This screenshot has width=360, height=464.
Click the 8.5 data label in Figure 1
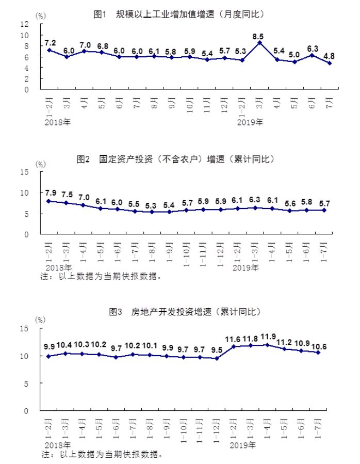click(259, 37)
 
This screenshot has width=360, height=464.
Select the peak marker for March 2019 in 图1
click(259, 43)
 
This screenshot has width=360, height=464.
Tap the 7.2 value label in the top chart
click(50, 42)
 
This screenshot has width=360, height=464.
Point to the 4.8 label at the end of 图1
click(329, 55)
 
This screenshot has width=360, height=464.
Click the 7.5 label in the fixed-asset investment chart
click(67, 195)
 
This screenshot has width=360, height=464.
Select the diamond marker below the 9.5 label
click(217, 358)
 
